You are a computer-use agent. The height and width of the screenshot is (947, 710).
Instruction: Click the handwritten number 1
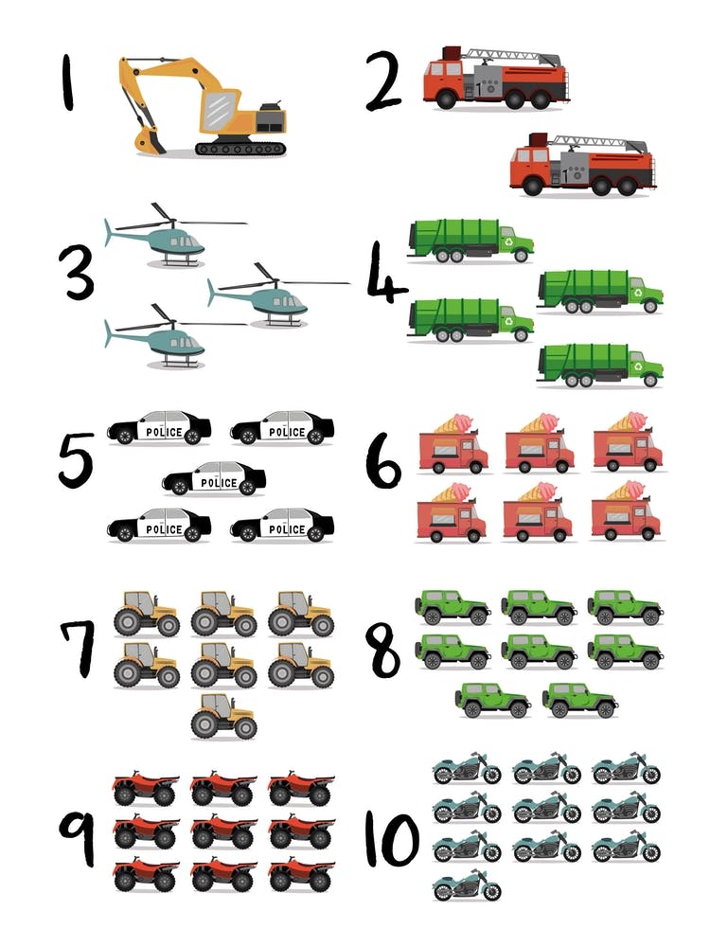coord(67,82)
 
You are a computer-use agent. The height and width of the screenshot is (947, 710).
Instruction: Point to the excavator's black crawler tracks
coord(240,148)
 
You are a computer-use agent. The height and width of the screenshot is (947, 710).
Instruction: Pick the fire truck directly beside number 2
coord(495,76)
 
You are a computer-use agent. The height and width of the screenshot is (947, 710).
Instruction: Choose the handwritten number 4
coord(385,275)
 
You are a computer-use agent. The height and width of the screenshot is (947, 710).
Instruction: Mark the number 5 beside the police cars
coord(76,460)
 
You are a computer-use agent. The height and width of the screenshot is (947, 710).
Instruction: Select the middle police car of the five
coord(214,479)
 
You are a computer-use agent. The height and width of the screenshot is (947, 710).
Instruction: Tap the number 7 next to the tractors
coord(77,649)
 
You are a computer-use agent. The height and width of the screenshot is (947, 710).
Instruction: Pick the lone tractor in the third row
coord(223,716)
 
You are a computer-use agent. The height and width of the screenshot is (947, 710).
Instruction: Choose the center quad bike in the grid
coord(223,831)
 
